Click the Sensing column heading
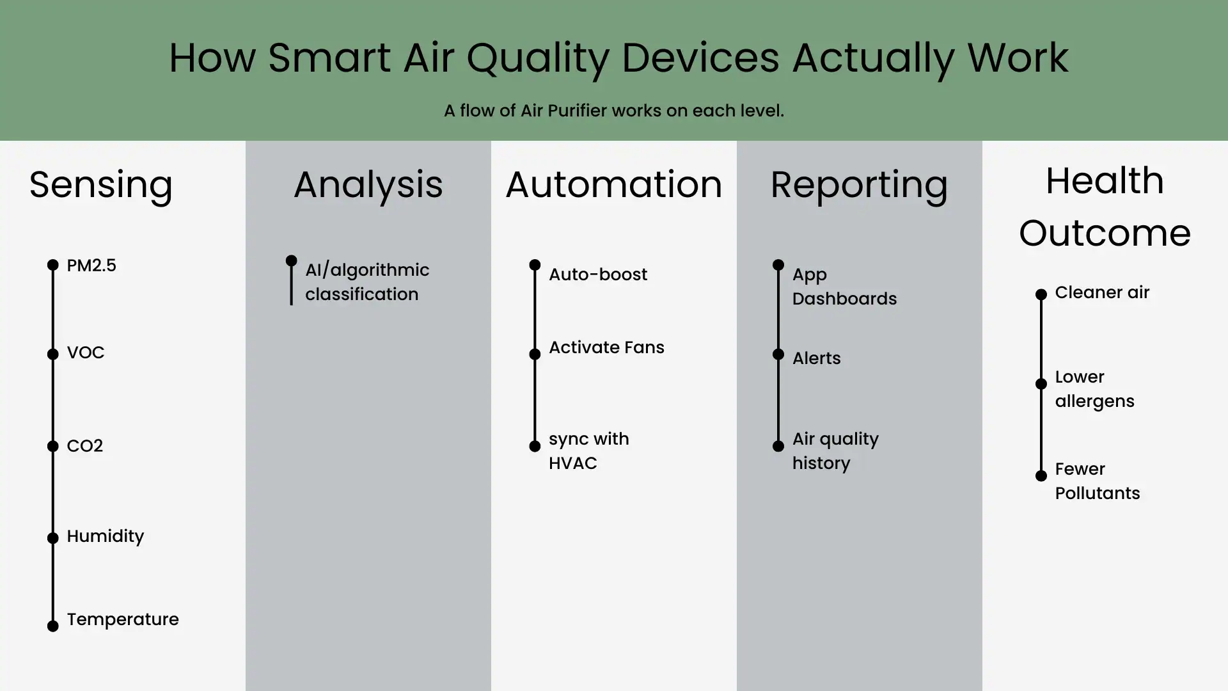pyautogui.click(x=101, y=185)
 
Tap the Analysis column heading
pyautogui.click(x=368, y=185)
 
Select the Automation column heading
pyautogui.click(x=613, y=185)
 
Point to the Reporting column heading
pyautogui.click(x=859, y=185)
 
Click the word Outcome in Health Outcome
pyautogui.click(x=1105, y=233)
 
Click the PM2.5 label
pyautogui.click(x=91, y=266)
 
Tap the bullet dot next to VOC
pyautogui.click(x=53, y=354)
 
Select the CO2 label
pyautogui.click(x=84, y=446)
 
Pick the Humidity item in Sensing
pyautogui.click(x=105, y=536)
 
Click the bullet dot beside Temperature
pyautogui.click(x=53, y=626)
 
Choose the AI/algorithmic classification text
pyautogui.click(x=366, y=282)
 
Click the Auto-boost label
pyautogui.click(x=597, y=274)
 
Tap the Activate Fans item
pyautogui.click(x=606, y=347)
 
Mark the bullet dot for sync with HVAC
pyautogui.click(x=535, y=447)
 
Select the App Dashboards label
pyautogui.click(x=844, y=287)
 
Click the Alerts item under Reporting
pyautogui.click(x=816, y=358)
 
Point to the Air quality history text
pyautogui.click(x=835, y=451)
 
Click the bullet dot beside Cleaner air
pyautogui.click(x=1041, y=294)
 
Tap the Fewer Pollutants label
pyautogui.click(x=1097, y=481)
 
